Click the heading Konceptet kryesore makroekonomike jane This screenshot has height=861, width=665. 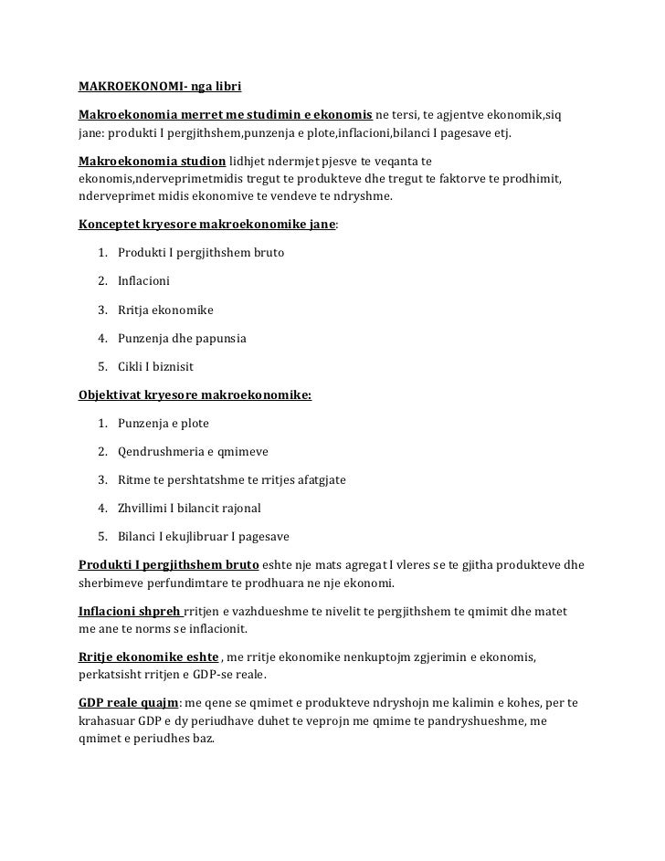tap(207, 223)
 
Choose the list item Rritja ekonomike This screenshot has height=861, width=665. tap(165, 310)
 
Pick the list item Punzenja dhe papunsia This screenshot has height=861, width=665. tap(182, 339)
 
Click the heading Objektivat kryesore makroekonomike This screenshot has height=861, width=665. tap(195, 395)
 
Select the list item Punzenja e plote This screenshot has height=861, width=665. tap(164, 424)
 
